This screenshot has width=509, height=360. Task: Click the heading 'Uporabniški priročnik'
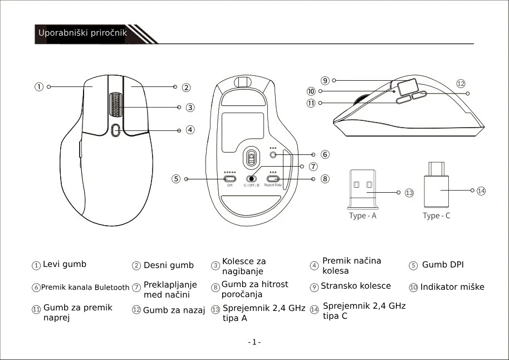(82, 33)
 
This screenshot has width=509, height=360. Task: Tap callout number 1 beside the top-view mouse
(39, 87)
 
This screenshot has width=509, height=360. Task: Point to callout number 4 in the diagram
(190, 130)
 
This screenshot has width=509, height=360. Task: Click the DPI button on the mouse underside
(229, 179)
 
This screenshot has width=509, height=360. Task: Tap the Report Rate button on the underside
(273, 179)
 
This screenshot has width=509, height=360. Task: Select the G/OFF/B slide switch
(252, 179)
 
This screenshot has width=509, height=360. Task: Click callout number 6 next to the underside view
(325, 154)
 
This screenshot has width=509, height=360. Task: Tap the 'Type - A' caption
(363, 216)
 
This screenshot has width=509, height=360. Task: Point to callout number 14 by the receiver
(481, 191)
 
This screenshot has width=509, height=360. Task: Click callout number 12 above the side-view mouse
(461, 84)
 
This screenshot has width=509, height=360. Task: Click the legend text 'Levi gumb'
(65, 264)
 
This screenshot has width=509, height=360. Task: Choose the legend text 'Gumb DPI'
(443, 265)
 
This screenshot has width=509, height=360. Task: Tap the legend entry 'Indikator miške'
(452, 287)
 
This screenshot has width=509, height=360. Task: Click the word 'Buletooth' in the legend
(111, 288)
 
